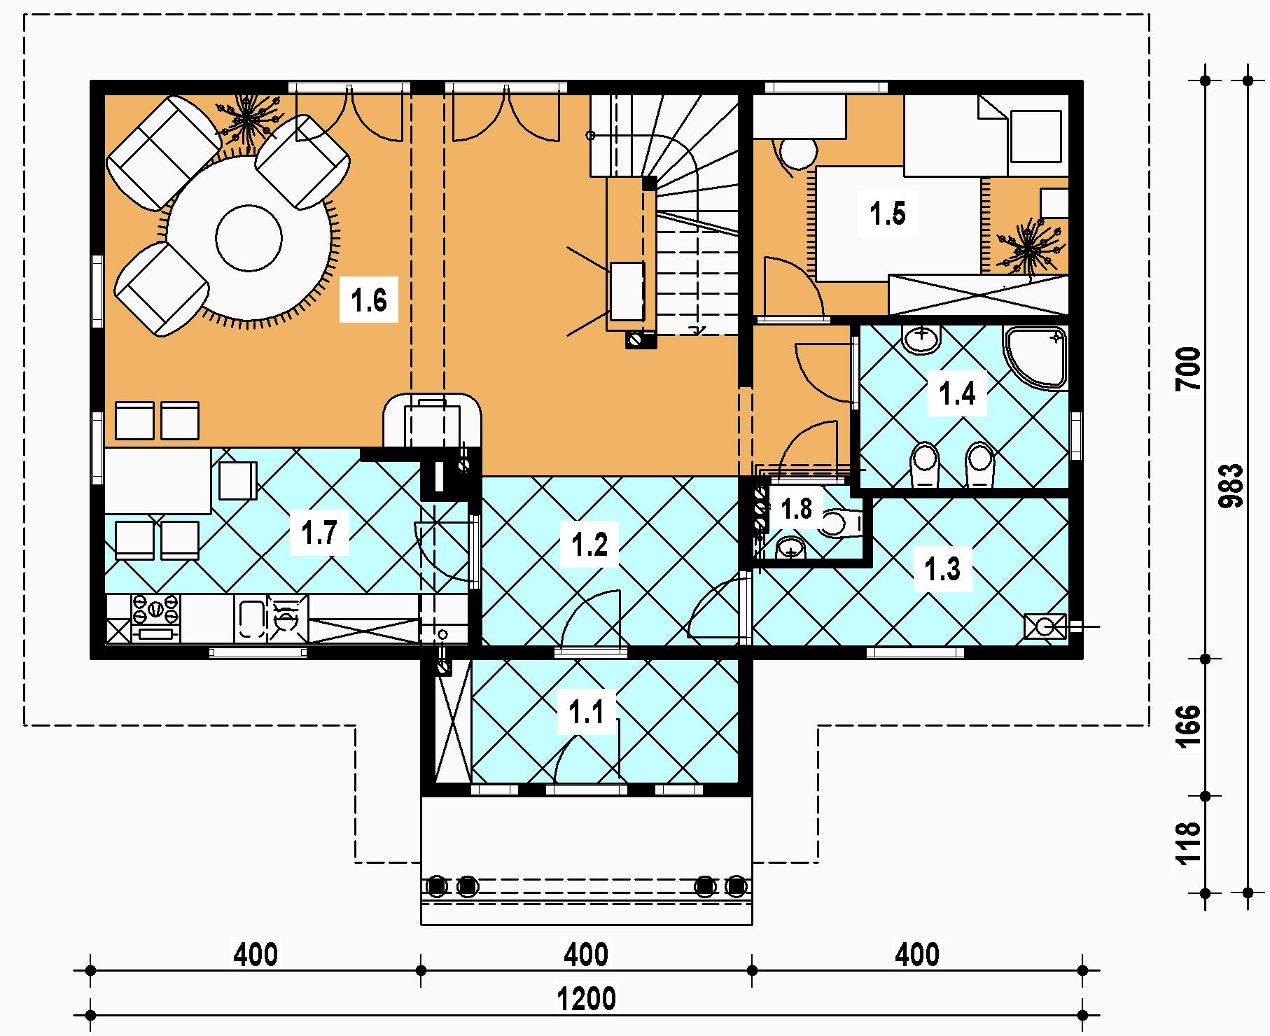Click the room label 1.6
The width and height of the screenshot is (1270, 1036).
[369, 301]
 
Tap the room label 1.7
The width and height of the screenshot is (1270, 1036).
[319, 533]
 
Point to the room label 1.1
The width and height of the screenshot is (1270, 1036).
[585, 714]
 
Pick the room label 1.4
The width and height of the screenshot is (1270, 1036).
[957, 394]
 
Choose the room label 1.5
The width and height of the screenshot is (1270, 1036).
[888, 213]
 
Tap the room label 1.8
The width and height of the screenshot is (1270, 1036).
[797, 509]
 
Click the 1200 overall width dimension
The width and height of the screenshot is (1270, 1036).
[587, 998]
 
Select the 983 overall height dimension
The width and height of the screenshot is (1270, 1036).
[1230, 486]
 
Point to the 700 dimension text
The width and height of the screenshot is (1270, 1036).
[1188, 369]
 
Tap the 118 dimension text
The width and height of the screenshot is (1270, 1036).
[1188, 843]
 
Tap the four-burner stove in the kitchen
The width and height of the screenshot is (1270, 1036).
[155, 617]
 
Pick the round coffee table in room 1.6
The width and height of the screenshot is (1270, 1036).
[249, 238]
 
